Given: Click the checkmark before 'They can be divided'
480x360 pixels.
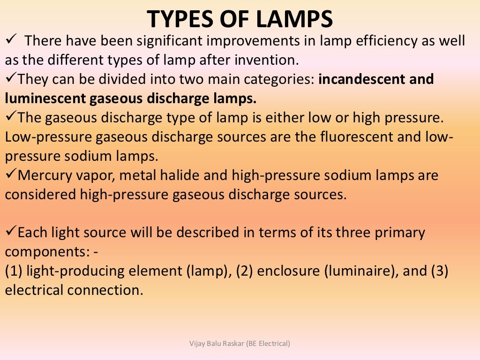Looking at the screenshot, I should click(10, 79).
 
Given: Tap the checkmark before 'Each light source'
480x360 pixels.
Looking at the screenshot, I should click(10, 232).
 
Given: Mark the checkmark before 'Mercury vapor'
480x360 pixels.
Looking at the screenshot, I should click(10, 175).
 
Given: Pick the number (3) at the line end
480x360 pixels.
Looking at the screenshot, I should click(440, 271).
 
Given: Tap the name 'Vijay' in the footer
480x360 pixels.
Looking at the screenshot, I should click(197, 344).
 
